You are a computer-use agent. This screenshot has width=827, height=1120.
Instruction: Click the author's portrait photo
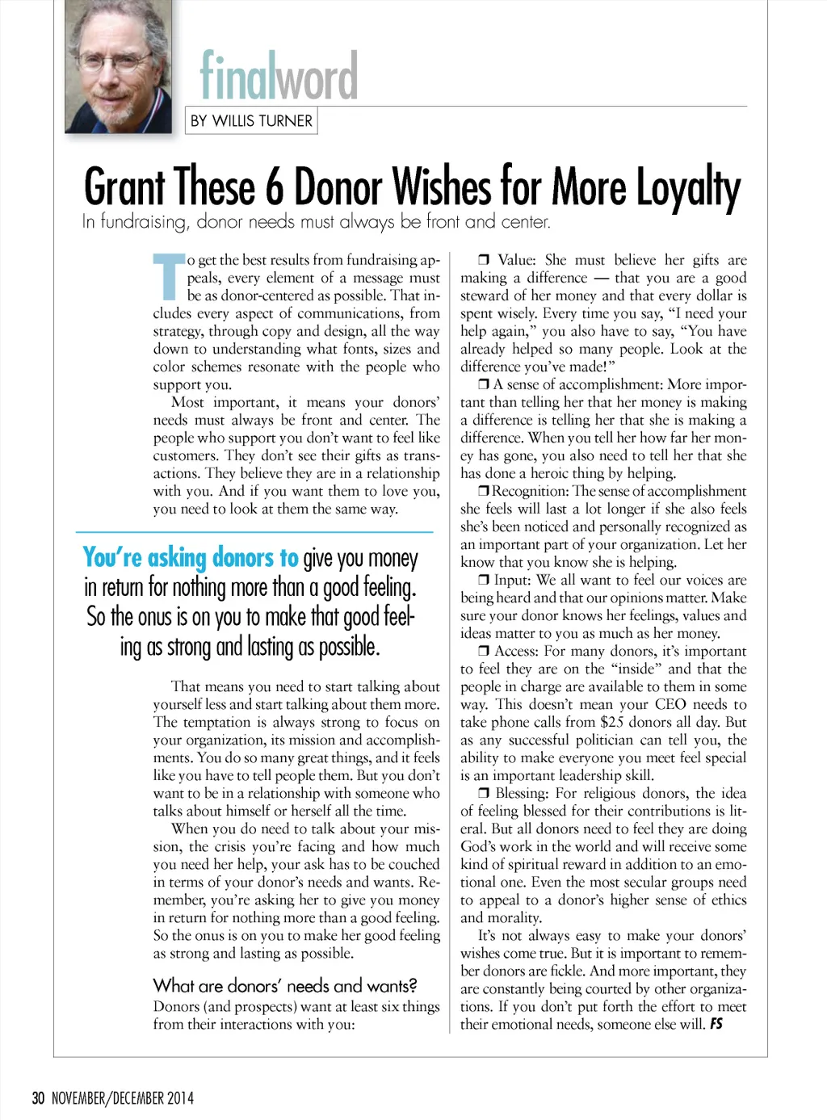pyautogui.click(x=118, y=66)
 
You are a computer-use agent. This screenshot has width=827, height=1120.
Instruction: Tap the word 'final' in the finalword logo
pyautogui.click(x=238, y=76)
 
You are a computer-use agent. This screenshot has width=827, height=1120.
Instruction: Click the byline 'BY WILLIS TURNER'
pyautogui.click(x=251, y=121)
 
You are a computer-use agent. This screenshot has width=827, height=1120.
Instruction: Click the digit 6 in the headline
pyautogui.click(x=275, y=187)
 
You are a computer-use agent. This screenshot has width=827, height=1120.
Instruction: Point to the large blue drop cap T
pyautogui.click(x=169, y=276)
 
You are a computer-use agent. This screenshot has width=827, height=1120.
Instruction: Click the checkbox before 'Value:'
pyautogui.click(x=484, y=260)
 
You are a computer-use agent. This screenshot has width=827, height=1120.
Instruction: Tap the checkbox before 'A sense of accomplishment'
pyautogui.click(x=484, y=384)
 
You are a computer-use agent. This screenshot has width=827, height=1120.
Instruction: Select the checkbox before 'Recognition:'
pyautogui.click(x=483, y=491)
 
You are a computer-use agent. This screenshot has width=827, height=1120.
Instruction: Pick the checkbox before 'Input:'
pyautogui.click(x=484, y=580)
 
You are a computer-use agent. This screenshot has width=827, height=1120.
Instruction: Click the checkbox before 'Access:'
pyautogui.click(x=484, y=651)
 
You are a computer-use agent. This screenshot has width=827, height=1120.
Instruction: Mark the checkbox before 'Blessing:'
pyautogui.click(x=484, y=793)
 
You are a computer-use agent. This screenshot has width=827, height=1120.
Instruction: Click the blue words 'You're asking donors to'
pyautogui.click(x=191, y=558)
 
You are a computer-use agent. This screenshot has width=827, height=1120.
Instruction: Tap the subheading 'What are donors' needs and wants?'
pyautogui.click(x=285, y=985)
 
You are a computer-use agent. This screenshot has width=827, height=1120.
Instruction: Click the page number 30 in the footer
pyautogui.click(x=38, y=1098)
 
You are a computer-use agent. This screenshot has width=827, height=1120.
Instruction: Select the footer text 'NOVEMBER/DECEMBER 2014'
pyautogui.click(x=123, y=1098)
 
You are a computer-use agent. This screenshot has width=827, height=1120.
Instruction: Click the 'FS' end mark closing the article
pyautogui.click(x=716, y=1024)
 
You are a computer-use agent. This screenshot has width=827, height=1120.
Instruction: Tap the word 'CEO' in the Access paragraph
pyautogui.click(x=670, y=704)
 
